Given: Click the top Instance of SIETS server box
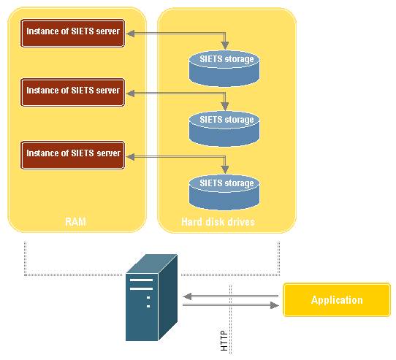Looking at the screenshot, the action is [x=73, y=33].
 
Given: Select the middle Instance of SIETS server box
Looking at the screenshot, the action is [x=73, y=93].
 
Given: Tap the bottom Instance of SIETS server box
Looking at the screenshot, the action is [x=73, y=155].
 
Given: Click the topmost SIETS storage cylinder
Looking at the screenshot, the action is [x=224, y=69].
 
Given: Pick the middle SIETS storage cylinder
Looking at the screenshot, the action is [x=224, y=129].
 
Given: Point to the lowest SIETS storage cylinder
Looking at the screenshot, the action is [x=224, y=192].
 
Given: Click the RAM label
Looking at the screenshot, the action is [x=75, y=222].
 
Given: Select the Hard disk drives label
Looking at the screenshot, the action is [x=218, y=222].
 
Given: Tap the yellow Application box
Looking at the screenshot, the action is [x=337, y=299].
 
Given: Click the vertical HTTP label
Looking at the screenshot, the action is [x=224, y=340].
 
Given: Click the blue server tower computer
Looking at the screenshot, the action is [x=151, y=297].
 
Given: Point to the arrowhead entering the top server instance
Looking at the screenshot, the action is [x=130, y=34].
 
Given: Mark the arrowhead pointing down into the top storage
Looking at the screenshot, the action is [x=225, y=46].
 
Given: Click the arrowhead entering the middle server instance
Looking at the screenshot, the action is [x=130, y=93].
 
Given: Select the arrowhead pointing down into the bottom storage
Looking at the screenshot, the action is [x=225, y=169].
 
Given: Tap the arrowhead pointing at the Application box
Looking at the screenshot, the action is [x=275, y=305].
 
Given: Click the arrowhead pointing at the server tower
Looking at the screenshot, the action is [x=187, y=296].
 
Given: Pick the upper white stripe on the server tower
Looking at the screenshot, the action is [x=141, y=280].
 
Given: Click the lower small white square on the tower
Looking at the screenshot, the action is [x=148, y=306].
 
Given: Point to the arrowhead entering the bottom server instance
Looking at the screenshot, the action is [x=130, y=157].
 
